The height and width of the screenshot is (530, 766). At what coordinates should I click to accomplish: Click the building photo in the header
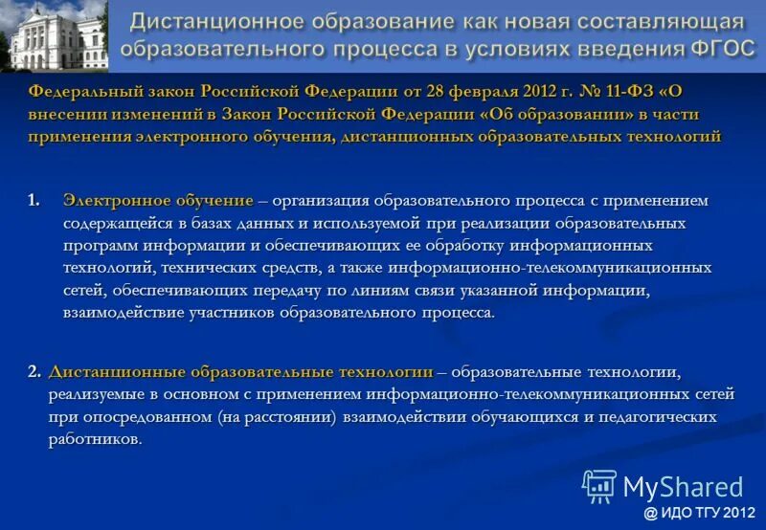(54, 35)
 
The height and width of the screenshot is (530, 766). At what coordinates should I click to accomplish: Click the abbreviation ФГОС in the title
(711, 48)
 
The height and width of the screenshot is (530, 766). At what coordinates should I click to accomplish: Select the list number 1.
(34, 201)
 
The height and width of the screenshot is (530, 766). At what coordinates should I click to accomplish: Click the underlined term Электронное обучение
(158, 201)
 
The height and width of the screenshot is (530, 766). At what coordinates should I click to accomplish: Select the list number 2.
(34, 371)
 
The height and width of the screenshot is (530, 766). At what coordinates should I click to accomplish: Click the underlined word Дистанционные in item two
(109, 371)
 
